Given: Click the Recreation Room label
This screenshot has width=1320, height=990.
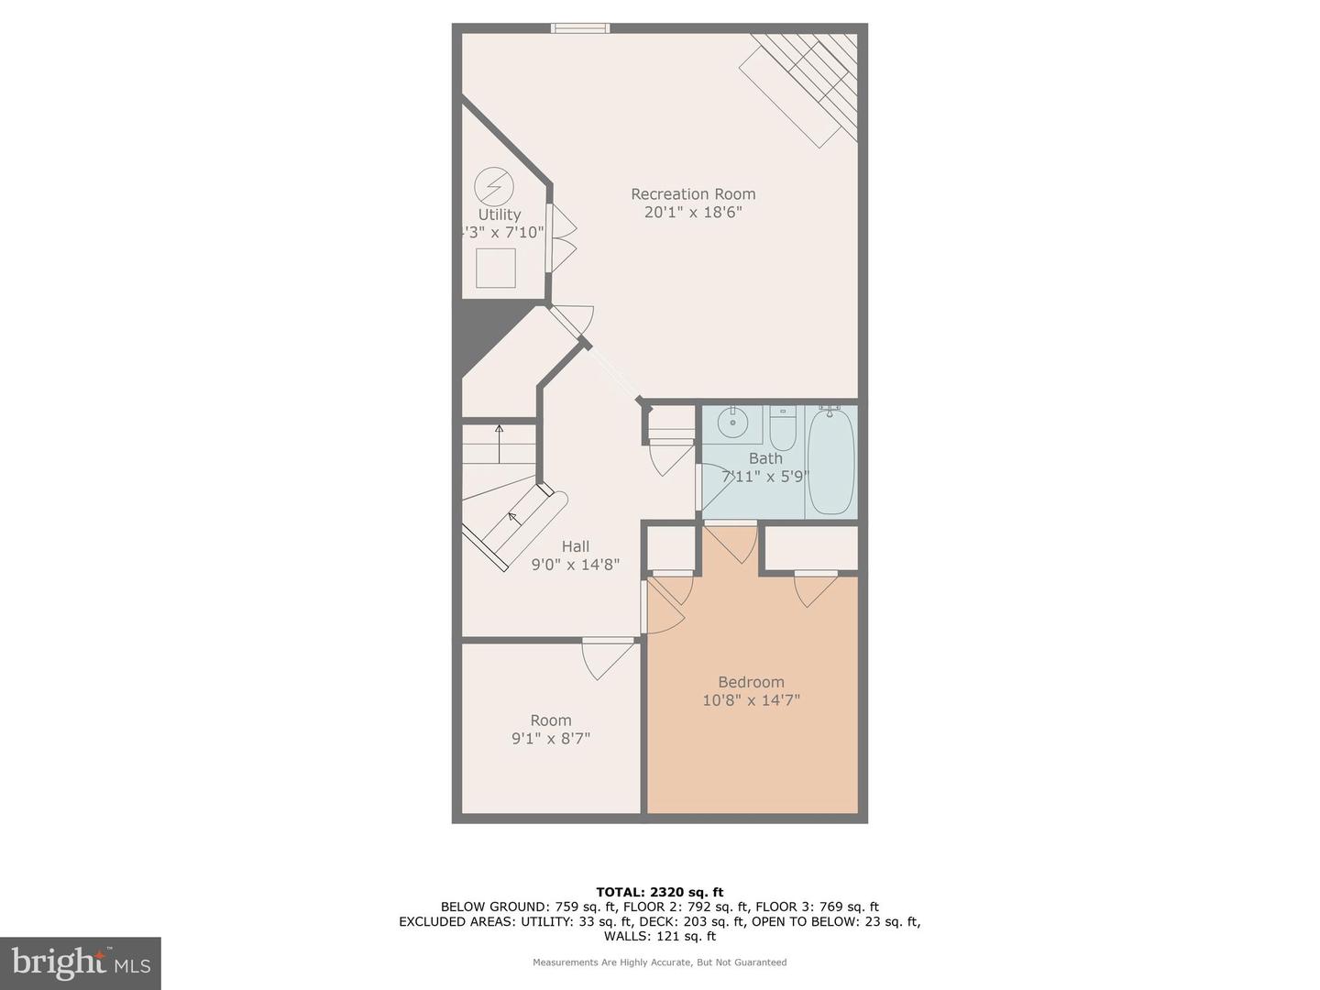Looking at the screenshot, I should click(693, 194).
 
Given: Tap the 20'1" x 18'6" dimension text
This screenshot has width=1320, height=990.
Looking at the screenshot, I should click(693, 213).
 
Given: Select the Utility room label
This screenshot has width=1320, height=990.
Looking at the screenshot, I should click(500, 214).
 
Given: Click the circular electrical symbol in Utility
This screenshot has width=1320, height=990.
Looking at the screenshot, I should click(493, 187).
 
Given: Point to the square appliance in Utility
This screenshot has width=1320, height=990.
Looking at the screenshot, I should click(496, 269).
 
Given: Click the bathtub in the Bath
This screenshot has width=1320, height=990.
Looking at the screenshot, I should click(831, 461).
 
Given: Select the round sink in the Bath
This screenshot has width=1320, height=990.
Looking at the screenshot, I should click(733, 423).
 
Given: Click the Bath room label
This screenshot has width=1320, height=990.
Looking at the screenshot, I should click(765, 458).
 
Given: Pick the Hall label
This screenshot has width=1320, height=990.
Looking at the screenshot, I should click(576, 546).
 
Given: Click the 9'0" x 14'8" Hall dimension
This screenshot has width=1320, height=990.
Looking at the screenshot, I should click(576, 565).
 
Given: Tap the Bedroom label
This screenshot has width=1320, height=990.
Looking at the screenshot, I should click(751, 682).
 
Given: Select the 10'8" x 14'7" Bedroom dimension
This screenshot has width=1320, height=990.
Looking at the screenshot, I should click(751, 700).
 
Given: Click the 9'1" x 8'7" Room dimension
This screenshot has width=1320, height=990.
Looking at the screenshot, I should click(551, 739).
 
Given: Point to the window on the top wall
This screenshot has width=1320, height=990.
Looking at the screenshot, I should click(580, 28).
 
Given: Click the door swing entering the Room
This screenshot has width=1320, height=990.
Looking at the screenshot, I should click(607, 658).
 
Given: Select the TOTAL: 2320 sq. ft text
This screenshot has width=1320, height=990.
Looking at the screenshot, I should click(659, 892).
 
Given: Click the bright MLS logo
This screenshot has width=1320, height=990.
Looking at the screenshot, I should click(81, 962).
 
